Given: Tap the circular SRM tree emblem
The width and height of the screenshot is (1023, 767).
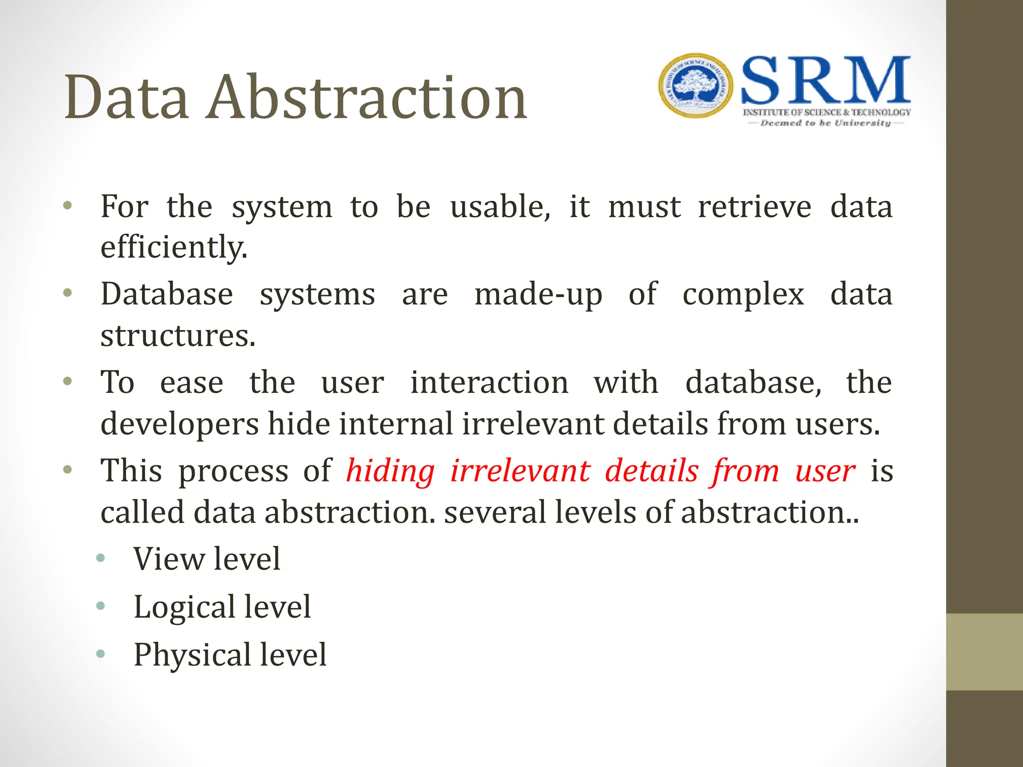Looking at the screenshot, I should click(x=695, y=85).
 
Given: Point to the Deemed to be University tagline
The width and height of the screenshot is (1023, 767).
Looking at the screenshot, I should click(x=825, y=123).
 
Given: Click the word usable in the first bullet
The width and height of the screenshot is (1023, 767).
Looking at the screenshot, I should click(x=500, y=207).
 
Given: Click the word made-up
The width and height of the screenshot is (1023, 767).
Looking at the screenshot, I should click(x=538, y=295).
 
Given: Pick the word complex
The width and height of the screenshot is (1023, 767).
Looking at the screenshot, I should click(x=743, y=295).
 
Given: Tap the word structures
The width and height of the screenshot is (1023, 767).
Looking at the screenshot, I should click(x=178, y=336).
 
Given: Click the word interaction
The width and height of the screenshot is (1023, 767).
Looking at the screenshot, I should click(x=489, y=383).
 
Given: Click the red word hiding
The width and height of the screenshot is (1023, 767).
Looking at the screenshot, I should click(x=390, y=471).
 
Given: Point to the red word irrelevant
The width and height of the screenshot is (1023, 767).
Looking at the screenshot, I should click(x=520, y=471).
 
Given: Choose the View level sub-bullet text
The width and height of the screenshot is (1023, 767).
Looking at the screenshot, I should click(x=206, y=559).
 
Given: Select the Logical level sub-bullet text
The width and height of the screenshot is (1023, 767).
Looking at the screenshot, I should click(x=222, y=607).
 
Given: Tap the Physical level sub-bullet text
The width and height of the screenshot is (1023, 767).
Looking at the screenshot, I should click(x=230, y=655).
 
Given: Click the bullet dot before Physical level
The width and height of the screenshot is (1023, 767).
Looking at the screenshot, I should click(x=101, y=653).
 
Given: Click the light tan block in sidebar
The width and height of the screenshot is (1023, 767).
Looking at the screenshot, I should click(x=984, y=652).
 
